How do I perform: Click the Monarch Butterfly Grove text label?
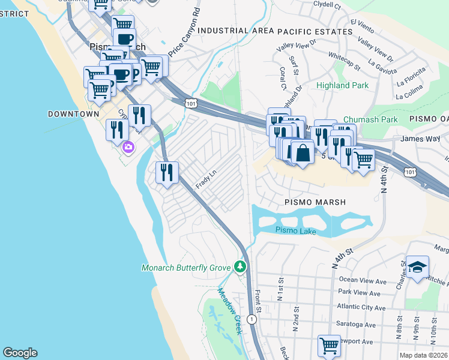tap(186, 267)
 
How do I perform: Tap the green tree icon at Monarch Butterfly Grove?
tap(241, 266)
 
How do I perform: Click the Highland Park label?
tap(342, 85)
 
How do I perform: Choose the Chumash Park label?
tap(370, 119)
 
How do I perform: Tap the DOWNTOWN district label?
tap(73, 113)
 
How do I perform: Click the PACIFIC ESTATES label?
tap(315, 31)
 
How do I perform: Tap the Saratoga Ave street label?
tap(354, 325)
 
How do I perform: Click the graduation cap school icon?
tap(417, 266)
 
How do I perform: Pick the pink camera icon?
tap(128, 147)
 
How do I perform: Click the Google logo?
tap(20, 353)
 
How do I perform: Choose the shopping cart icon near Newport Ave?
tap(329, 346)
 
